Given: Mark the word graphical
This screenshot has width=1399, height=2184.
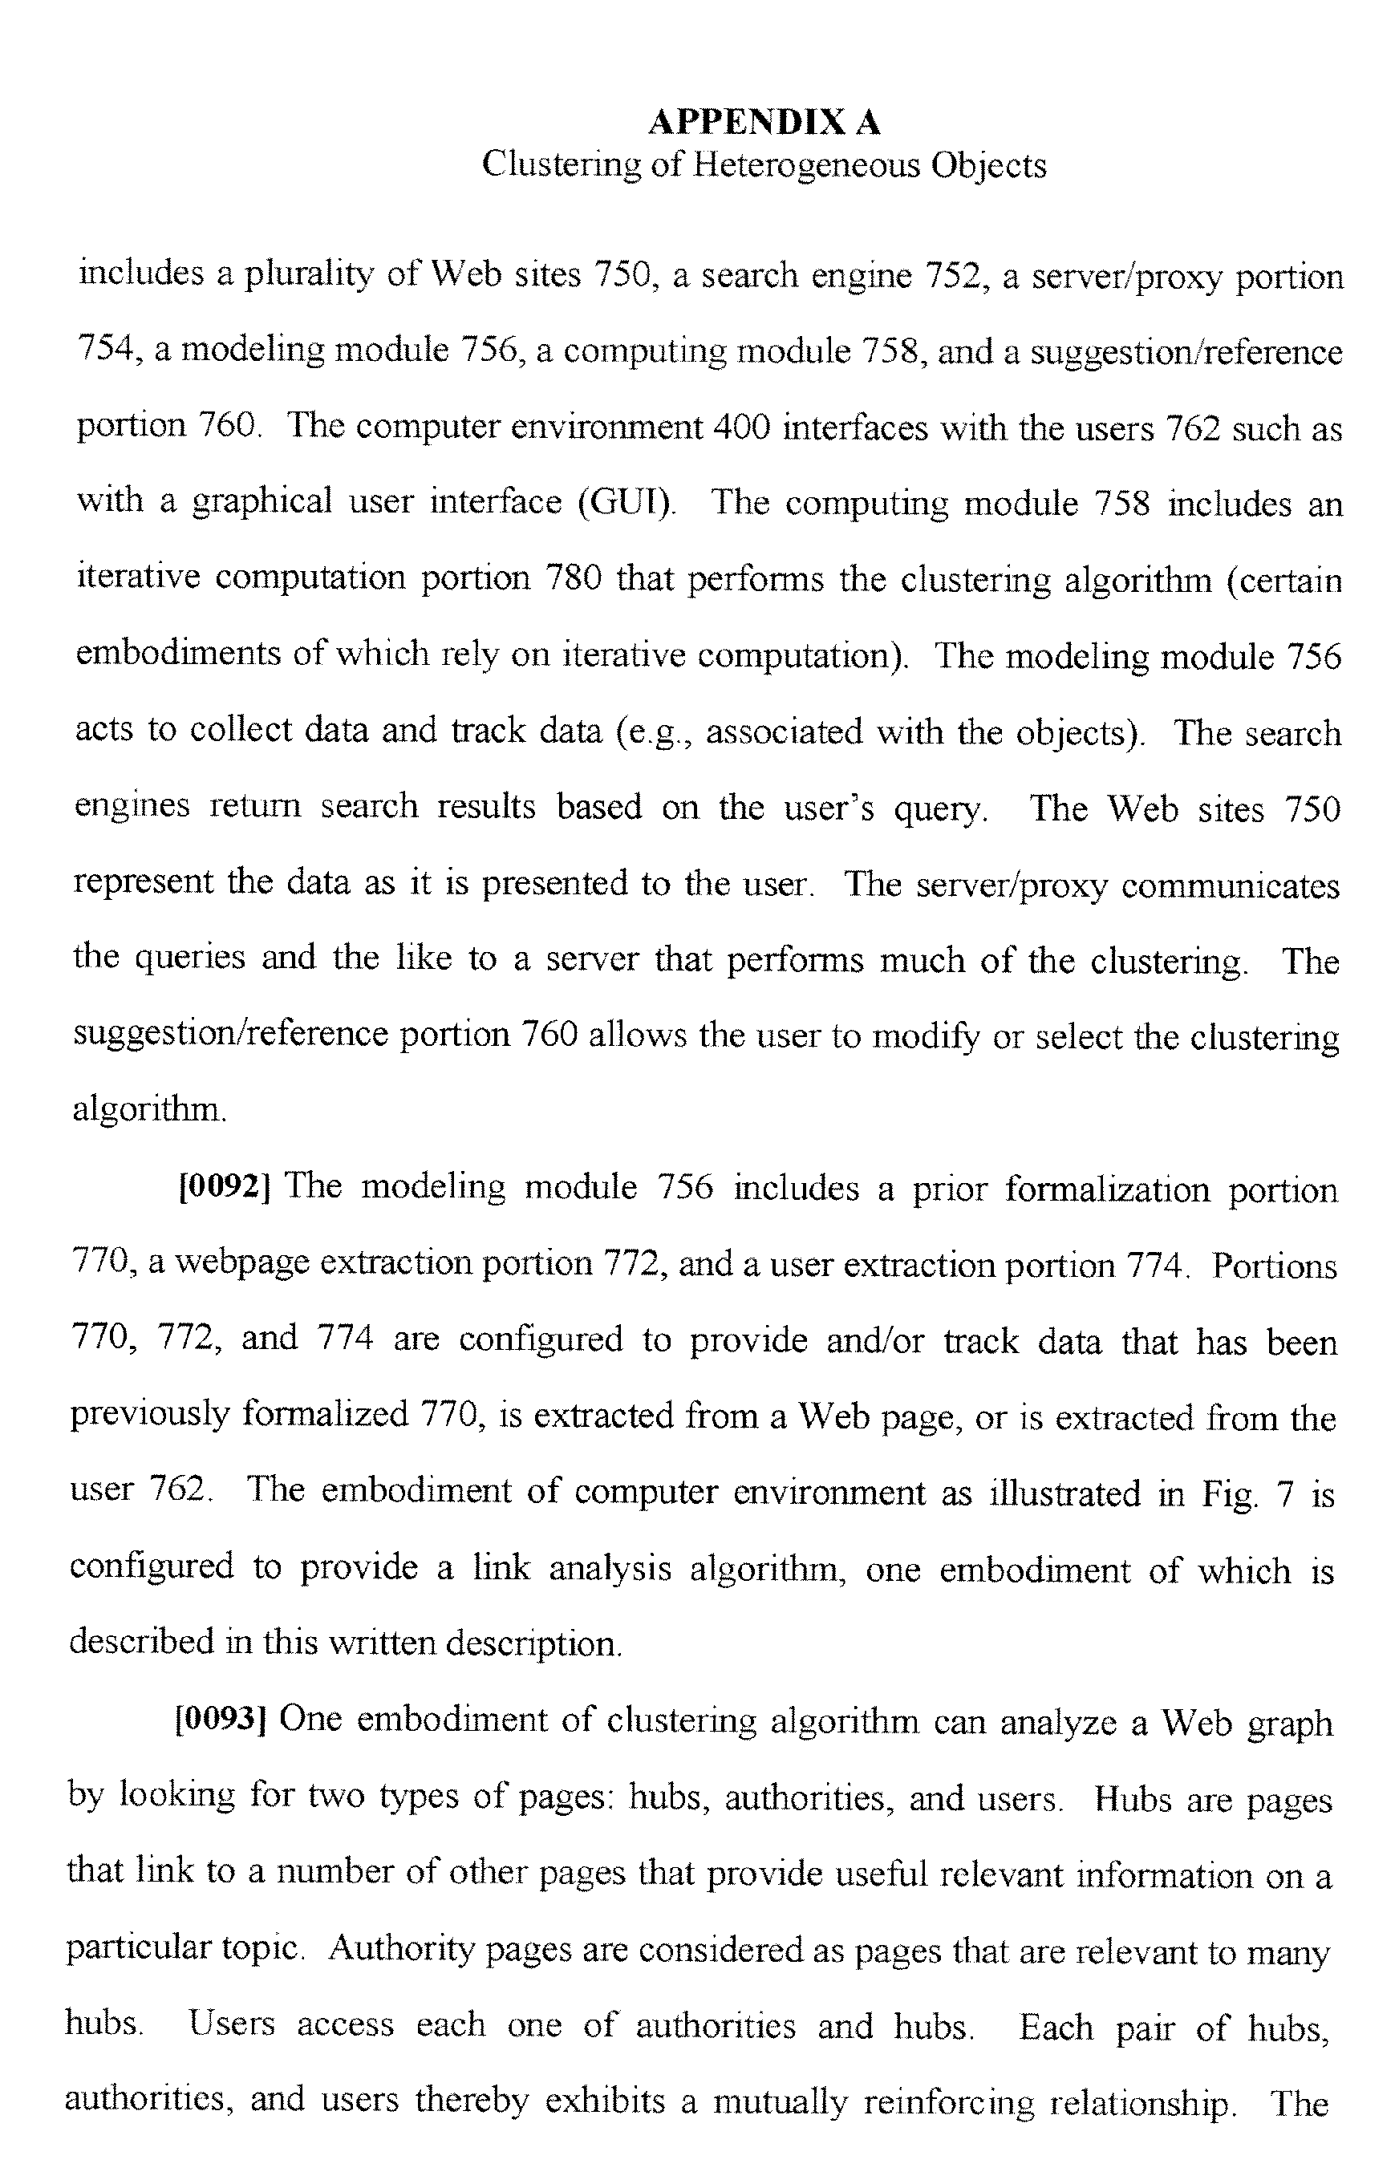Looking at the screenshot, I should (262, 502).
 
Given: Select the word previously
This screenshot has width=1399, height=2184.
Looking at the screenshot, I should (149, 1415).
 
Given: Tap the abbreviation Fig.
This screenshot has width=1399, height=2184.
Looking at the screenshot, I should (1230, 1493).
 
